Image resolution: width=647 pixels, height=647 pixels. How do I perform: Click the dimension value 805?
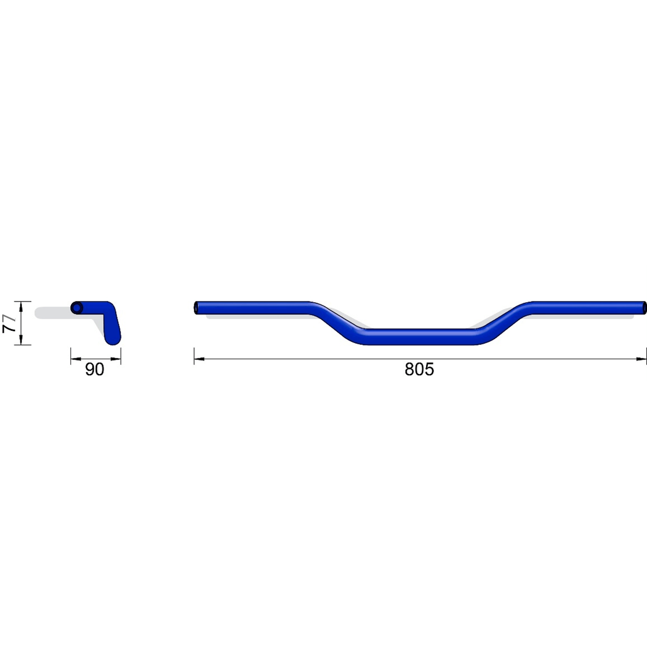click(x=419, y=369)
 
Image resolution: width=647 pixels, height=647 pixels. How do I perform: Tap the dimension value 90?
click(x=95, y=369)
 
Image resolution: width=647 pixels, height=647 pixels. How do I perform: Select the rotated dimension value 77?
click(x=10, y=323)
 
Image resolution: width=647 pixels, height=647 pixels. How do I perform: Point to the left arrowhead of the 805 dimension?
click(x=199, y=359)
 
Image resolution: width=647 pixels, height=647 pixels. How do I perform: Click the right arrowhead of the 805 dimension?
click(x=641, y=359)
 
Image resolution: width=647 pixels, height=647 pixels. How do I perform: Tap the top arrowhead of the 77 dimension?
click(x=20, y=306)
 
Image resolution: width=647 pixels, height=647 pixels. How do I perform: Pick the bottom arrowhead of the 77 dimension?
click(x=20, y=340)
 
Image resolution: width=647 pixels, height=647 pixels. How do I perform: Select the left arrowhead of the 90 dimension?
click(x=76, y=359)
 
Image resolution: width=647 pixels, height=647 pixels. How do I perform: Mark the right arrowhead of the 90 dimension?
click(x=116, y=359)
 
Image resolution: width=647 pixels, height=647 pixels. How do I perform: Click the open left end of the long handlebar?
click(x=197, y=308)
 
